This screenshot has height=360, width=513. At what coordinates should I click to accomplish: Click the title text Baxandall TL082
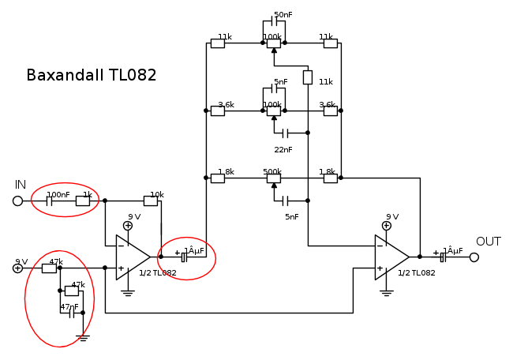92,76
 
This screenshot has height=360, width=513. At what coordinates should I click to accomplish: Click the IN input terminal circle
17,201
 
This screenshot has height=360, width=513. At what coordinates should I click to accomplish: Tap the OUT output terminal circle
474,257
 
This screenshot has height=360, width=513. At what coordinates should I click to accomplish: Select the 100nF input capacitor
49,201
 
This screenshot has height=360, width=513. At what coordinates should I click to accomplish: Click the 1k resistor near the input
83,201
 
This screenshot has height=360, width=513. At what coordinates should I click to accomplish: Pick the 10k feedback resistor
151,201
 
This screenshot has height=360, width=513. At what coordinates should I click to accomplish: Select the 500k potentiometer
273,178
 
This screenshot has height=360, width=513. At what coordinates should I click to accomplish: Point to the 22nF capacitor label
283,150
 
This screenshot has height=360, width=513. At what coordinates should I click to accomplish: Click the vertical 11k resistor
308,77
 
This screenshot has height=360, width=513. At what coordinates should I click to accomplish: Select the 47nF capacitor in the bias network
71,313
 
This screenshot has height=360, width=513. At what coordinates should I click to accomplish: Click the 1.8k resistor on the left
218,178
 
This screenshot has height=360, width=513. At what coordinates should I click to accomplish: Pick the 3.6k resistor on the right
330,111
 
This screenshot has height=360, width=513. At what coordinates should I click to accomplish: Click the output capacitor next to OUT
443,257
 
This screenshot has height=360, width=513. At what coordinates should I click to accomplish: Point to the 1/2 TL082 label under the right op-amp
417,272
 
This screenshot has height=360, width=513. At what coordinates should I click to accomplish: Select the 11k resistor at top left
218,43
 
